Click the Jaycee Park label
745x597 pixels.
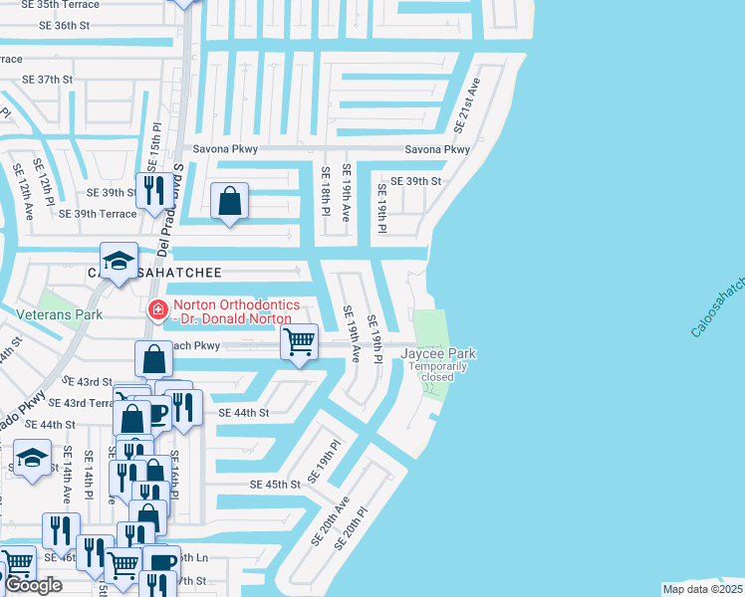pos(438,353)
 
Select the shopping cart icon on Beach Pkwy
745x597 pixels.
pos(300,342)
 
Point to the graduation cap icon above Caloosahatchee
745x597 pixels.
pos(120,262)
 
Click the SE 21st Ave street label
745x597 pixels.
pos(468,105)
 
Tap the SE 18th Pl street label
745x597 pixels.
pos(326,190)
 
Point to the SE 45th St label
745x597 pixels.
pos(274,485)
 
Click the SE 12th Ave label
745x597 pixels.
pos(22,189)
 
